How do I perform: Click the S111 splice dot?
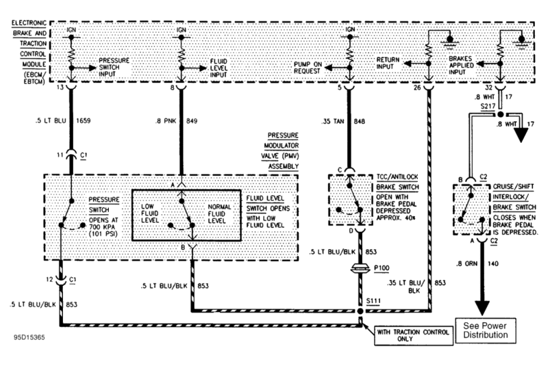[x=360, y=311]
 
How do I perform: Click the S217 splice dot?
[x=501, y=114]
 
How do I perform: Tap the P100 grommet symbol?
[x=360, y=268]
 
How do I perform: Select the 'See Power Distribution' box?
[x=486, y=330]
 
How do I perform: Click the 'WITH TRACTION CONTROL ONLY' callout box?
[x=414, y=336]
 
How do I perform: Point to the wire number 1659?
[x=83, y=120]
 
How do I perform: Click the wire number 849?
[x=192, y=121]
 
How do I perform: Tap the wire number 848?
[x=359, y=121]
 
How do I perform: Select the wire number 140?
[x=493, y=263]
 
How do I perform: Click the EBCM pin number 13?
[x=60, y=87]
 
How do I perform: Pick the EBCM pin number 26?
[x=417, y=88]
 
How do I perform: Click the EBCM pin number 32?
[x=488, y=88]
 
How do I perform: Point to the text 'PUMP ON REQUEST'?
[x=307, y=68]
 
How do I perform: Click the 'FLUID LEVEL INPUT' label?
[x=219, y=68]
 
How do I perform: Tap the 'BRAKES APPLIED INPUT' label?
[x=461, y=65]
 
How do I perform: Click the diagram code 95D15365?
[x=29, y=337]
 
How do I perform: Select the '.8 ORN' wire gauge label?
[x=466, y=264]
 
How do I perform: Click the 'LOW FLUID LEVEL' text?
[x=150, y=213]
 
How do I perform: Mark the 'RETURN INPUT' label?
[x=388, y=63]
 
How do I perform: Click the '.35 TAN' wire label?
[x=333, y=121]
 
